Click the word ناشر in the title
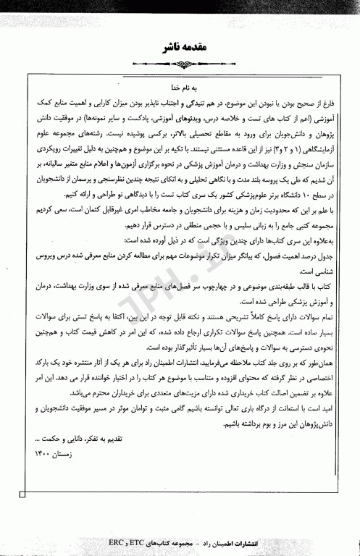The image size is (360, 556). [x=164, y=47]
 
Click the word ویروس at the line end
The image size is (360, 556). [x=43, y=256]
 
